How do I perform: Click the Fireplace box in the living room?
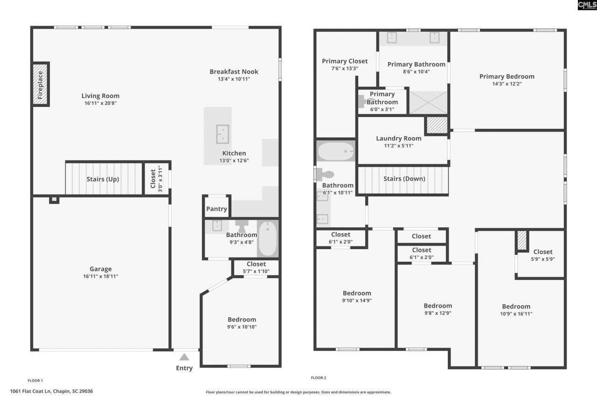click(40, 84)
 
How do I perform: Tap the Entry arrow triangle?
click(184, 357)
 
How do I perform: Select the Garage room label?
click(101, 269)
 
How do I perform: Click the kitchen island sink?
click(222, 134)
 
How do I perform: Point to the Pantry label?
click(216, 209)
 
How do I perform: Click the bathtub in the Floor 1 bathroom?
click(267, 238)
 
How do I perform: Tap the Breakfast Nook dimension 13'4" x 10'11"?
click(234, 79)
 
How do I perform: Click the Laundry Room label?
click(398, 138)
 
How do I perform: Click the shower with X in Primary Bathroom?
click(428, 103)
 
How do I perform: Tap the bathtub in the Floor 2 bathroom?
click(336, 151)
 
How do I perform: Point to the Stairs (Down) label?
click(404, 179)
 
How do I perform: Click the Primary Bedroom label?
click(507, 77)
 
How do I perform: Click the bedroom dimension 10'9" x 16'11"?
click(516, 314)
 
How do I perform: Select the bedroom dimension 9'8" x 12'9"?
click(437, 313)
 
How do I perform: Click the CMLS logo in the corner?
click(587, 5)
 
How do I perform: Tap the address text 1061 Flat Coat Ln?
click(51, 391)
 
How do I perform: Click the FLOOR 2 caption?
click(319, 377)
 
